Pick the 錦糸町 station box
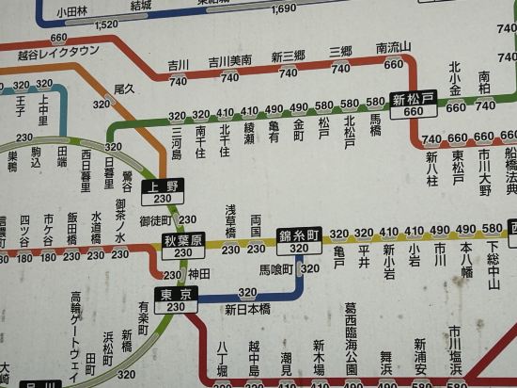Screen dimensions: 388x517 point(299,240)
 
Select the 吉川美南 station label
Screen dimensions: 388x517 point(229,60)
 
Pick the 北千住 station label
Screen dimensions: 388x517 point(225,140)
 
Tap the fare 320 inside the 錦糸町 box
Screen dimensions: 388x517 point(299,249)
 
